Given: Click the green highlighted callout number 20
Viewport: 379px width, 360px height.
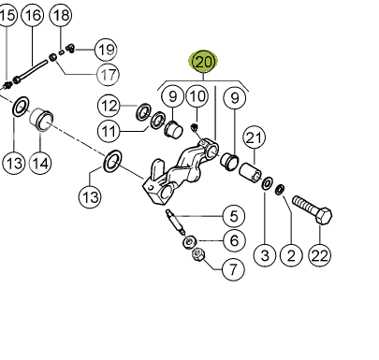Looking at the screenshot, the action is point(203,62).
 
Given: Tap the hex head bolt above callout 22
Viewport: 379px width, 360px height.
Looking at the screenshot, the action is point(313,209).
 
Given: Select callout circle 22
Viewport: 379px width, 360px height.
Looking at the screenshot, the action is point(320,255).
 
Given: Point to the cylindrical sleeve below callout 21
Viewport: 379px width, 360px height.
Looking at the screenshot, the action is point(251,172).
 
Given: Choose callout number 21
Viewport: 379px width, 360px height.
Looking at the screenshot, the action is point(255,137).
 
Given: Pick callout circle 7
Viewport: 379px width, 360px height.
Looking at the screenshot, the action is point(234,268).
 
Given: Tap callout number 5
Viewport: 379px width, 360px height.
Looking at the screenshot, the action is point(234,216).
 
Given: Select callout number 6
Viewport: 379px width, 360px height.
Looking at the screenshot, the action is point(234,240).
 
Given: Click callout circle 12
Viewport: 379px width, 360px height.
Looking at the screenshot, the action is point(109,106).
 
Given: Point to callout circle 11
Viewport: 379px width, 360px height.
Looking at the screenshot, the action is point(109,131).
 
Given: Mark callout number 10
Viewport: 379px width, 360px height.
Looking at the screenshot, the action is point(197,97).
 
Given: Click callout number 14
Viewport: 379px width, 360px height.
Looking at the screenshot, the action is point(40,163).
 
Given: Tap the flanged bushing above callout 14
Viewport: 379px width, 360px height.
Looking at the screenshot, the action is point(41,120).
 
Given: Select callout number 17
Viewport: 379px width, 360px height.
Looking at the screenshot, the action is point(109,75).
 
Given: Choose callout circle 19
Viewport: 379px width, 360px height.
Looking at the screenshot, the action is point(106,50).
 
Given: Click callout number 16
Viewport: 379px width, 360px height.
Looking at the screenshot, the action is point(33,15).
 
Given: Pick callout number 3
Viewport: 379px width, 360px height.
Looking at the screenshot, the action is point(265,255).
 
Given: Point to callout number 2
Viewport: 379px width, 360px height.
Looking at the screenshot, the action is point(291,255).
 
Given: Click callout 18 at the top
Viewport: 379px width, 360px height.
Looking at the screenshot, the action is point(61,15).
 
